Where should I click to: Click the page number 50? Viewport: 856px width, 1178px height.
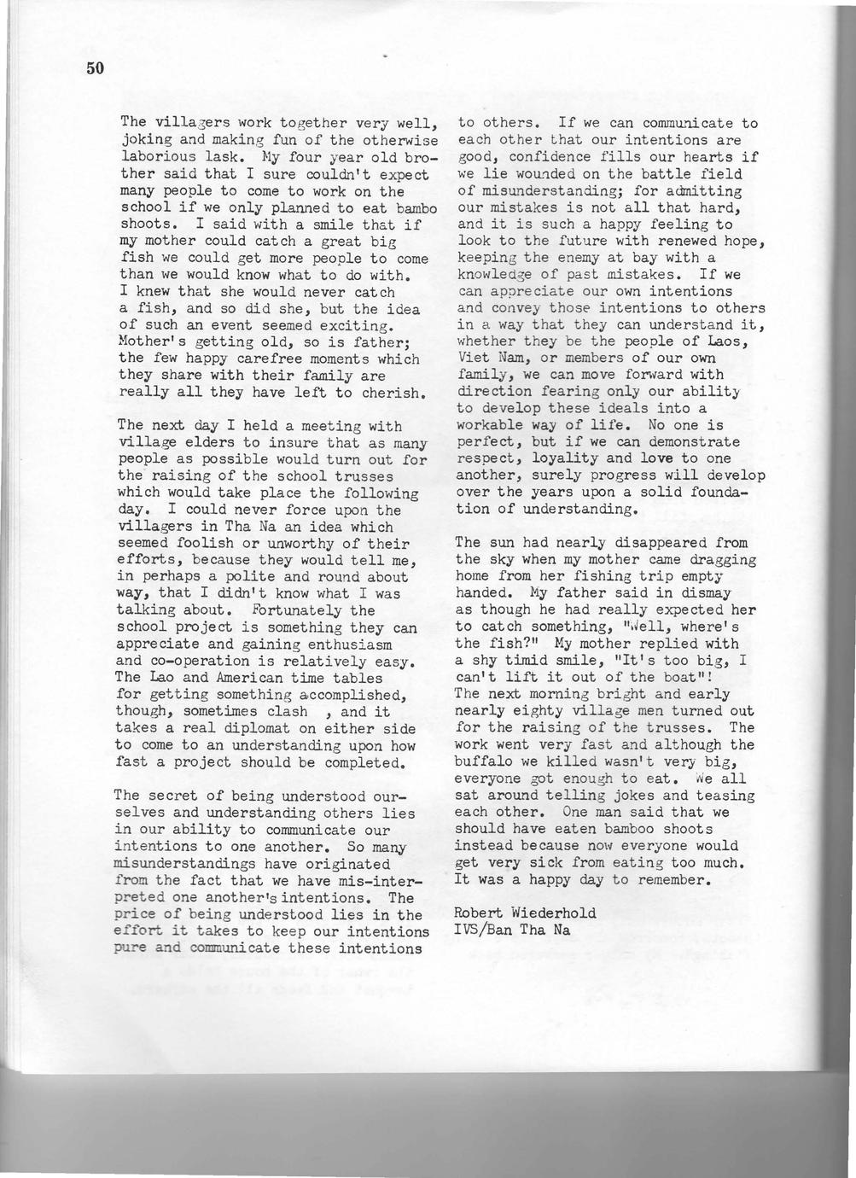pyautogui.click(x=94, y=68)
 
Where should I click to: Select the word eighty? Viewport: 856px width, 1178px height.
pyautogui.click(x=554, y=710)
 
